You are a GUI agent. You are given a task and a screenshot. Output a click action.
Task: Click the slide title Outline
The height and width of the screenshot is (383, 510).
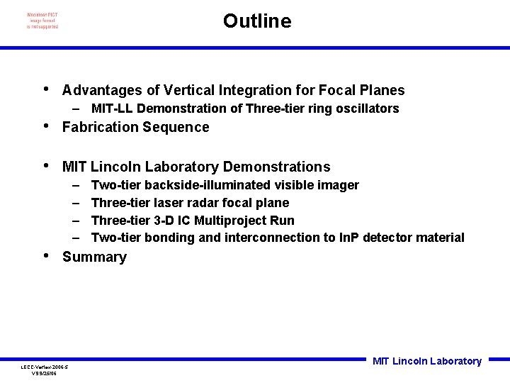256,21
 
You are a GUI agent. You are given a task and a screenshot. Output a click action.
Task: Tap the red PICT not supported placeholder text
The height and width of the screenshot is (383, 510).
42,21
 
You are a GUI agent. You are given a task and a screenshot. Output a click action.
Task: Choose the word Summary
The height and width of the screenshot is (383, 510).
94,257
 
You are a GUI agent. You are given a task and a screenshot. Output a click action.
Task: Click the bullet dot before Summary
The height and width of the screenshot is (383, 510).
46,255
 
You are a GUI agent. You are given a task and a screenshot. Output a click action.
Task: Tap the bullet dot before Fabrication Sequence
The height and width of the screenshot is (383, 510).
46,126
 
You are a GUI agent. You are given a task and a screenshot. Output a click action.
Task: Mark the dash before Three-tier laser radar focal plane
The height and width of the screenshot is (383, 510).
76,203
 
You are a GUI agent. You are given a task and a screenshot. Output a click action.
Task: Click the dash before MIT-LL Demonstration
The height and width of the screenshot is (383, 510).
76,109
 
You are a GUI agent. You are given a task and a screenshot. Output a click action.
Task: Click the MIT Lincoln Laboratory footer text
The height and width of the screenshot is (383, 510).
426,361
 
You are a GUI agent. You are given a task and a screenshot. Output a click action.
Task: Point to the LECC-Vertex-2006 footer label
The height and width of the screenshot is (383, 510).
44,367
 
